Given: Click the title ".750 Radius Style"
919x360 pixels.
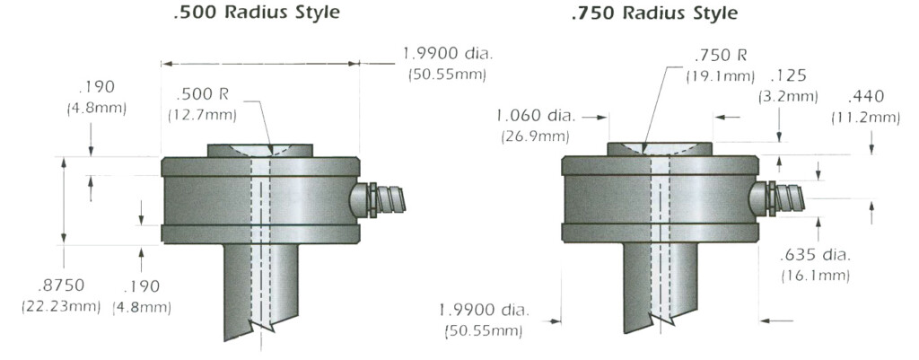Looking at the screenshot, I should click(654, 13).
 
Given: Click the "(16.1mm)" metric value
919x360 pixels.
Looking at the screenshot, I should click(815, 274).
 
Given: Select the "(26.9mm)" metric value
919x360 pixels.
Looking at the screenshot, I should click(534, 136).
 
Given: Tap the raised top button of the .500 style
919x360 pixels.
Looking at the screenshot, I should click(260, 150).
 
